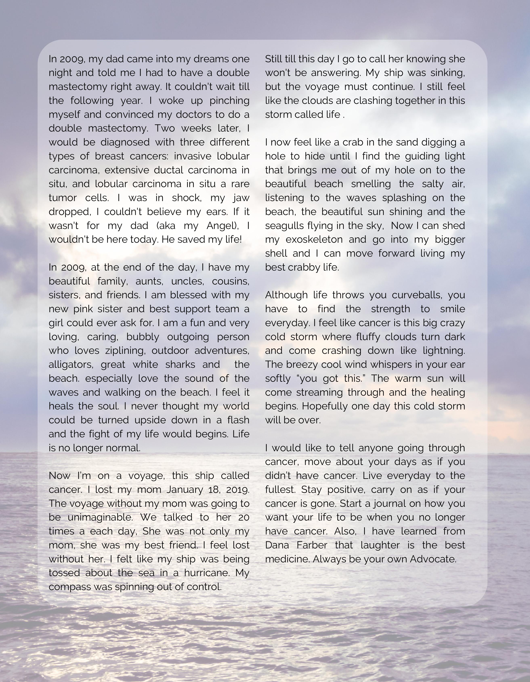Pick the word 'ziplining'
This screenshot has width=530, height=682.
(126, 351)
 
